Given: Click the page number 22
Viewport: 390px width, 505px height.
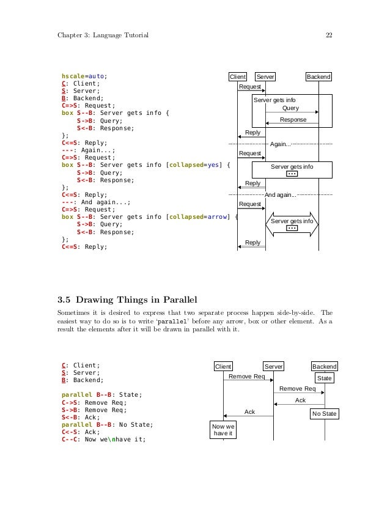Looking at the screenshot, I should point(329,35).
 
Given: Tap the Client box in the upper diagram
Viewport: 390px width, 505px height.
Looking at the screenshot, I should point(237,77).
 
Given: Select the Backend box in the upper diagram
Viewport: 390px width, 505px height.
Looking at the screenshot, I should point(318,77).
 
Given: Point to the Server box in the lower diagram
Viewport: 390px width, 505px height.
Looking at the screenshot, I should point(273,366).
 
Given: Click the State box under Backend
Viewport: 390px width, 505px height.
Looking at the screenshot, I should point(325,378).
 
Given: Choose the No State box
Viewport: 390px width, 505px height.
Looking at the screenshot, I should point(324,414).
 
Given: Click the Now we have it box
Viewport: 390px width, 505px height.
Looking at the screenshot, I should point(223,429).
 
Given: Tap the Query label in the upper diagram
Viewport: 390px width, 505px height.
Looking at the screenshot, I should point(290,108).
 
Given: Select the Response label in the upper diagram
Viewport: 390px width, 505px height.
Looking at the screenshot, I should point(293,120).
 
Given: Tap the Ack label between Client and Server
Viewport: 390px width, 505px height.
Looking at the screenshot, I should point(249,411).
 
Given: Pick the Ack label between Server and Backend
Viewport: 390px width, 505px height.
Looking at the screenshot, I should point(300,400).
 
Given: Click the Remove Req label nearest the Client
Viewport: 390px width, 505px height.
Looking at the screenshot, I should point(246,377).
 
